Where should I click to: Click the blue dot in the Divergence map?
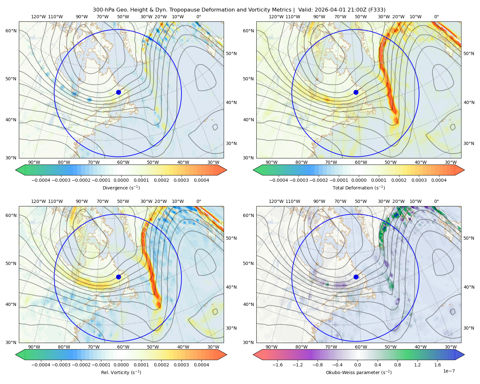[118, 92]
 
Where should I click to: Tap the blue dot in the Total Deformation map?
[356, 92]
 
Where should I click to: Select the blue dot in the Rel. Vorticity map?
[118, 277]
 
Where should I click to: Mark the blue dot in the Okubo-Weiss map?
[356, 277]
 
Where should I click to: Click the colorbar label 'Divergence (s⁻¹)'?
[121, 188]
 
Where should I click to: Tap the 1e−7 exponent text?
[449, 371]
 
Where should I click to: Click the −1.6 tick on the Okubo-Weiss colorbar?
[277, 364]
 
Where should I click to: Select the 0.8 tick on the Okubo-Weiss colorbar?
[397, 364]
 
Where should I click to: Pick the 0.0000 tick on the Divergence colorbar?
[121, 180]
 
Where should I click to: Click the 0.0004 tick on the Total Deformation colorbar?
[439, 180]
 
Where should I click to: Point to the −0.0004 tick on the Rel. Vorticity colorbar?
[41, 364]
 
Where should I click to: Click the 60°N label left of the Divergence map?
[11, 31]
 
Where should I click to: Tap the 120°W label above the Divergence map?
[38, 17]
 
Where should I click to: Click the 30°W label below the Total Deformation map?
[451, 162]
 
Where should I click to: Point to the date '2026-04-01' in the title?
[327, 10]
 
